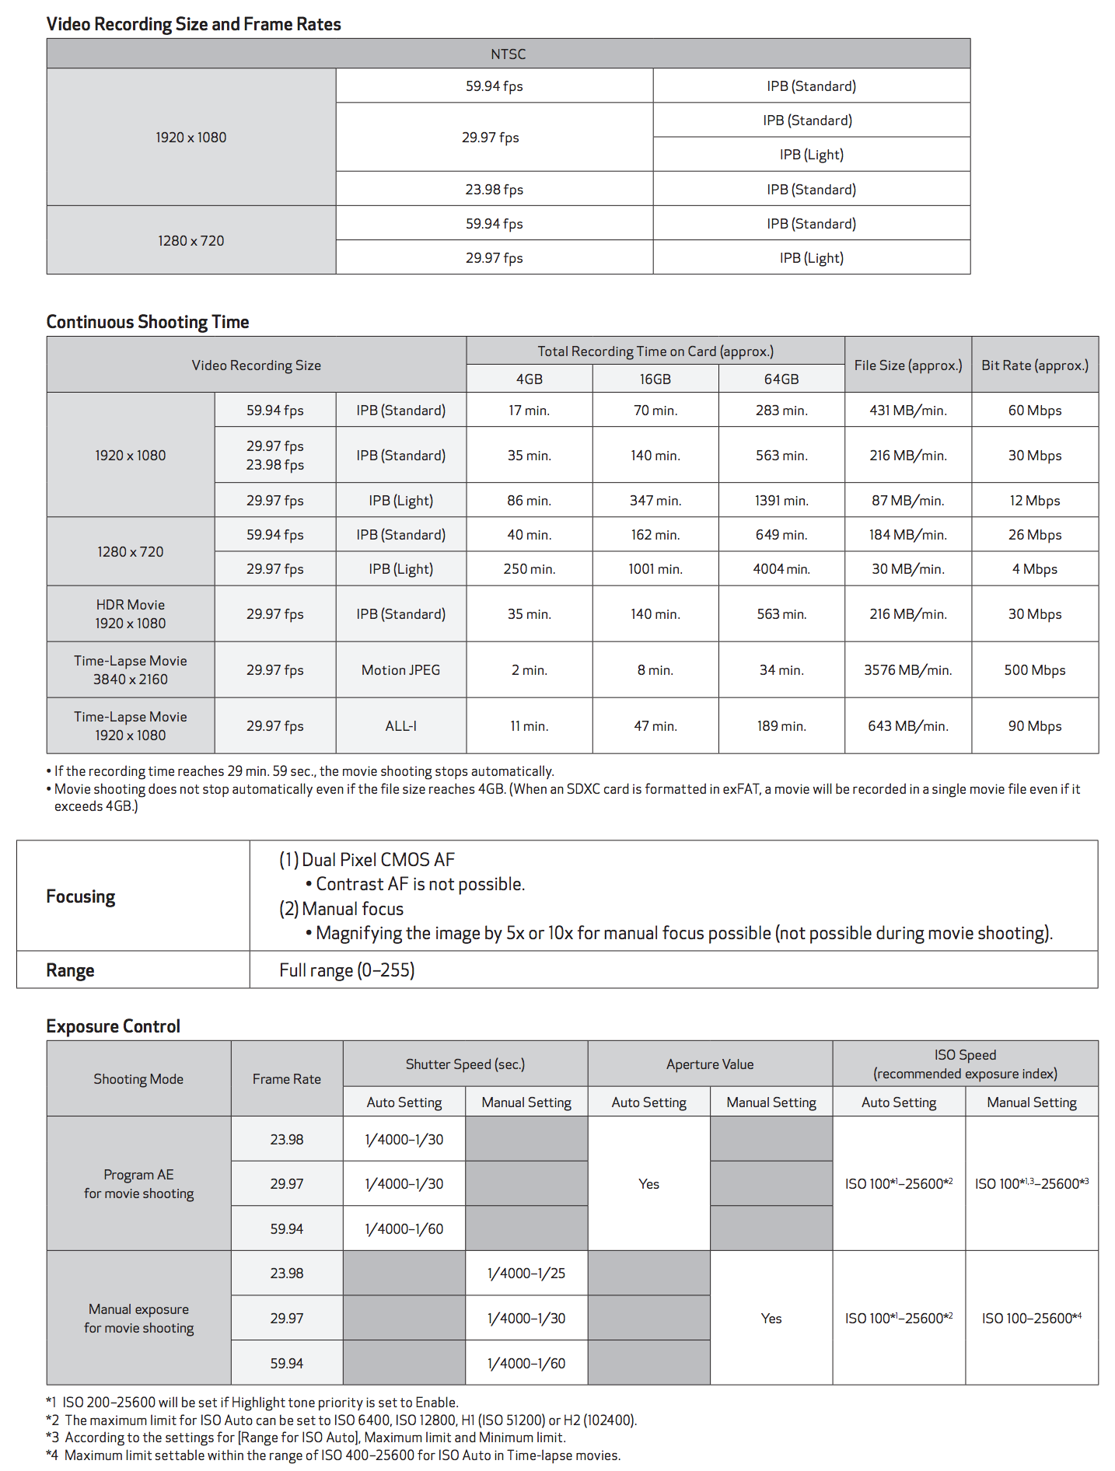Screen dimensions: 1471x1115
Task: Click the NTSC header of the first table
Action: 508,54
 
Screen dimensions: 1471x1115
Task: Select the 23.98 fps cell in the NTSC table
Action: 494,189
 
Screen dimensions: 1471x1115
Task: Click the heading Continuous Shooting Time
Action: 148,322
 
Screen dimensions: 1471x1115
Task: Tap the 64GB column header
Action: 781,379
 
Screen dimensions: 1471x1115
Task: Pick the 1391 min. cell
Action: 781,501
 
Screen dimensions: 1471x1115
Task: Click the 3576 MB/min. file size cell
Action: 907,670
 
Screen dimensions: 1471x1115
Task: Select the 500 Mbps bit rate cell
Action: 1034,670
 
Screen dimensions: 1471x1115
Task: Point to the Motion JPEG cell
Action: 400,670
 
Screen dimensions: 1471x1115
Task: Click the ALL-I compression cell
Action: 400,726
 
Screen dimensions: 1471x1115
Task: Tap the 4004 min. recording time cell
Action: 781,569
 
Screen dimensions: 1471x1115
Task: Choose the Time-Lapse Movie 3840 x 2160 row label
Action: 131,670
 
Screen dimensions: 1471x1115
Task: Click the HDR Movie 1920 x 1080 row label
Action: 131,614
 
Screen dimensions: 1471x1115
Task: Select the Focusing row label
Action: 81,896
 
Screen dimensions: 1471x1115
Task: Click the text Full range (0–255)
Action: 347,970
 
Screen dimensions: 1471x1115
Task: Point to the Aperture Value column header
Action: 709,1064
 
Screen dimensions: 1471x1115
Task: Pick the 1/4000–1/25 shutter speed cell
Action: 526,1274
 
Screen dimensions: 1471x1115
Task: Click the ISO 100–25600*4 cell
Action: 1031,1319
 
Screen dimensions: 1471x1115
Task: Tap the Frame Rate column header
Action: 286,1079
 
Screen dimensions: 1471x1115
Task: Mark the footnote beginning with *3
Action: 306,1438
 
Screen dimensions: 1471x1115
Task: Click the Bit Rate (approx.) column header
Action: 1034,365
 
